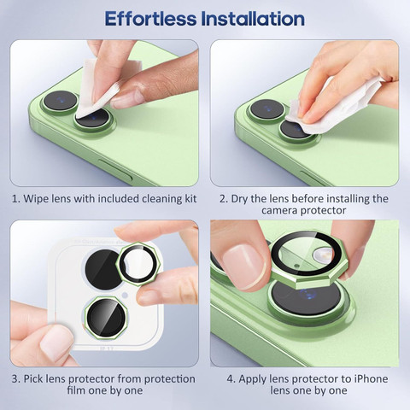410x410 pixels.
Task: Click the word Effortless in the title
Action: pos(150,19)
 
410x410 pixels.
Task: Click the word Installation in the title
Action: pos(253,19)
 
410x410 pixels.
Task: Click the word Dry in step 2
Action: pos(239,199)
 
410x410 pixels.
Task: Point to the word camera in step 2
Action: pos(280,211)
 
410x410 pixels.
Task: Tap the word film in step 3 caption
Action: pos(76,390)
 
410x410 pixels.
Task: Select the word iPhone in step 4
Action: pos(371,379)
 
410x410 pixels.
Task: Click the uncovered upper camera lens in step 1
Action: pos(61,101)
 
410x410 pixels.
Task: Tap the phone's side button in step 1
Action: pos(114,170)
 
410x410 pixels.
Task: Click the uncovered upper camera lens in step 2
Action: pos(266,108)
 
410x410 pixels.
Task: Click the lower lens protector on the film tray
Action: pos(106,318)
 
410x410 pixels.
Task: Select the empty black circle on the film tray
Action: pos(103,270)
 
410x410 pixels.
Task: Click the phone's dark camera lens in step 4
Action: pos(307,296)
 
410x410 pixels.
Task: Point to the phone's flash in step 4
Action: pos(323,255)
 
